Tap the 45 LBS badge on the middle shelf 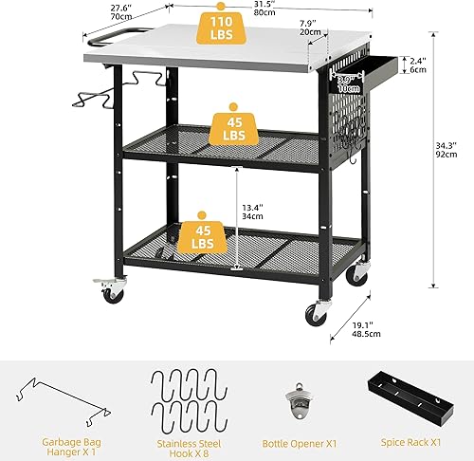232,127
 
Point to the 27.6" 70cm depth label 119,10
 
